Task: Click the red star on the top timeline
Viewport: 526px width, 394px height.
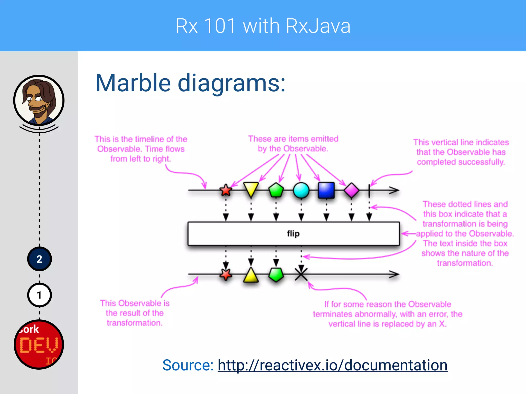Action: pos(226,190)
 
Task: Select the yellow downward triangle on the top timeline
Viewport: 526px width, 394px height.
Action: pos(251,189)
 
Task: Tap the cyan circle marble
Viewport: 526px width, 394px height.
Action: pos(301,190)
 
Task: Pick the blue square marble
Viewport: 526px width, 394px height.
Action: pos(326,190)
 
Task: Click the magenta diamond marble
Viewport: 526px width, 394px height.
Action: pos(351,190)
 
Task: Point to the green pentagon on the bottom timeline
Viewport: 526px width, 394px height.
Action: pos(276,274)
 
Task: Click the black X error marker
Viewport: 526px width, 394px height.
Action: pos(301,274)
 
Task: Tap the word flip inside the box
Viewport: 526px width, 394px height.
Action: pos(293,234)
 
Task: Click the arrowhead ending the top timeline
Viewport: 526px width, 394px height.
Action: pos(394,190)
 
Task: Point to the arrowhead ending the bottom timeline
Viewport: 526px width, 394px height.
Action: pos(394,274)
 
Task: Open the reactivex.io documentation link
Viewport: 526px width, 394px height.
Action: pos(332,365)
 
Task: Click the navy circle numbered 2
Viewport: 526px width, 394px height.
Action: pos(39,259)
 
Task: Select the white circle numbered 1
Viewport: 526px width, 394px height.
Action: pos(39,295)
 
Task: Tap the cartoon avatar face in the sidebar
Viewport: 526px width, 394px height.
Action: pos(39,100)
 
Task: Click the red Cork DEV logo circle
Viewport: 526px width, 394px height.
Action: pos(39,344)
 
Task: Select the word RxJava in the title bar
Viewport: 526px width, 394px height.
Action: pos(318,26)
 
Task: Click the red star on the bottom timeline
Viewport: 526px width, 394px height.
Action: pos(226,274)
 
